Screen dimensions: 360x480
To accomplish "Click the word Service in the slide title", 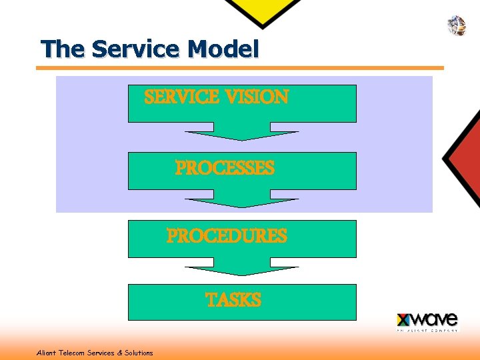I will (137, 49).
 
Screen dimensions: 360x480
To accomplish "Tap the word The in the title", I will (63, 49).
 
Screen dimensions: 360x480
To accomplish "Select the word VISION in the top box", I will (257, 97).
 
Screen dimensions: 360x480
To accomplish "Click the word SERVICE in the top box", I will (182, 97).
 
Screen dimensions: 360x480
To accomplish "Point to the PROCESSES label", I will (225, 168).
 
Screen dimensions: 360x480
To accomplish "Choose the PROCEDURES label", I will (227, 236).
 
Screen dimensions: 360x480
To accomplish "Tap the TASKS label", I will (233, 300).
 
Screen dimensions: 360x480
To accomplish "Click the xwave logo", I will (427, 321).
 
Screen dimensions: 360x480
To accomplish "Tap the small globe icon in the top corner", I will (456, 25).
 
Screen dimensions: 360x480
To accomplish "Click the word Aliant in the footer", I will (46, 353).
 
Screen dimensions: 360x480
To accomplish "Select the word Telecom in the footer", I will (71, 353).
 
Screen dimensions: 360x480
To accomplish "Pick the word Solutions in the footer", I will (139, 353).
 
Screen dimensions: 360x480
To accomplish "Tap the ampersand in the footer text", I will (120, 353).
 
